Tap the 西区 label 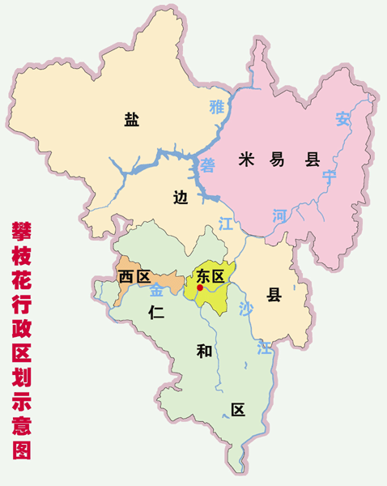coord(134,277)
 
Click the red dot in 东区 coord(200,288)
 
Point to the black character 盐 coord(131,120)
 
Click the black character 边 coord(181,197)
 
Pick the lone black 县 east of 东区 coord(274,295)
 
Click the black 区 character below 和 coord(237,409)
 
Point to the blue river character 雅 coord(215,106)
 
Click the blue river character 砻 coord(208,165)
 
